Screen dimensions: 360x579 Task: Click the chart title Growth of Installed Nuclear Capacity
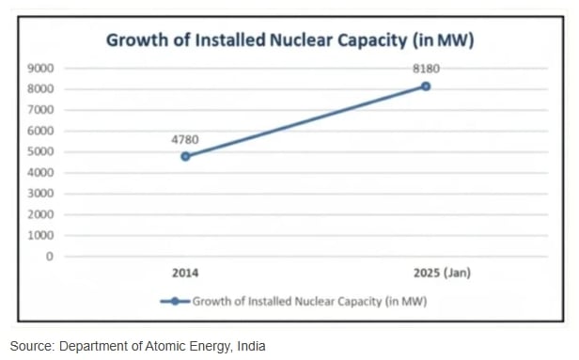click(x=289, y=40)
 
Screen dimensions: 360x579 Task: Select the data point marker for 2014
click(x=185, y=156)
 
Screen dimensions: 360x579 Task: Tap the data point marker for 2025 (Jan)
click(x=426, y=86)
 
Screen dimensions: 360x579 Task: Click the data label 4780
click(x=185, y=138)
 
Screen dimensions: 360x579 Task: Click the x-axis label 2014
click(x=185, y=274)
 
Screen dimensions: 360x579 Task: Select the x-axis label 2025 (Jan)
click(x=442, y=274)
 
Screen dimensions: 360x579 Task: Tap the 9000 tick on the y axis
click(x=40, y=69)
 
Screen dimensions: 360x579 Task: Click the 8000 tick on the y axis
click(x=40, y=89)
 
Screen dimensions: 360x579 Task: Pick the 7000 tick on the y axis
click(x=40, y=110)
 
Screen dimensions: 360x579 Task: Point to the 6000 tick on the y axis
click(x=40, y=131)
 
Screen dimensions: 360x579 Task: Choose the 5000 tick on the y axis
click(x=40, y=151)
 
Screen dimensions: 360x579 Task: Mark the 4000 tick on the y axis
click(x=40, y=173)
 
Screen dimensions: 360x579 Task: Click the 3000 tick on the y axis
click(x=40, y=194)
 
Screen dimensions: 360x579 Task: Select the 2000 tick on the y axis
click(x=40, y=214)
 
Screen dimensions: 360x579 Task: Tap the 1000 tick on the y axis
click(x=40, y=235)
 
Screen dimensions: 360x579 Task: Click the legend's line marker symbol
click(x=175, y=302)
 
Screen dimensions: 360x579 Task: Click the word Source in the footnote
click(x=31, y=346)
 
